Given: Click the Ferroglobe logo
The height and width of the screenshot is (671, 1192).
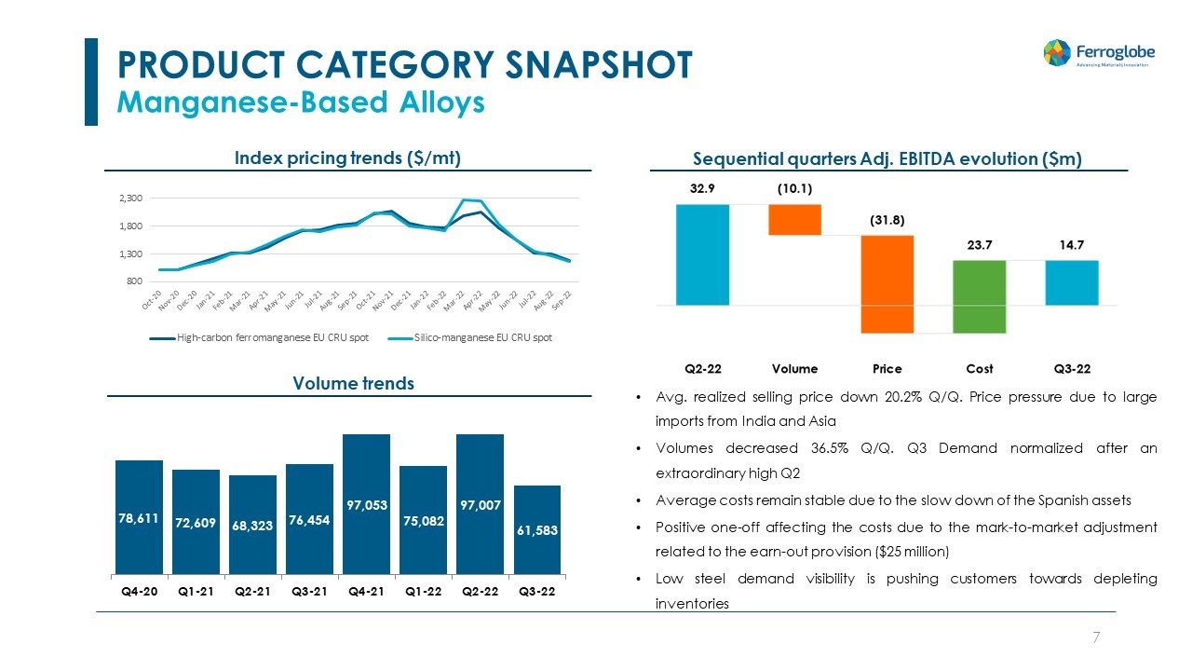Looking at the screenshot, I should click(x=1096, y=52).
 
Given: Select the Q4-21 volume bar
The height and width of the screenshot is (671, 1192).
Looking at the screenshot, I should click(x=366, y=504).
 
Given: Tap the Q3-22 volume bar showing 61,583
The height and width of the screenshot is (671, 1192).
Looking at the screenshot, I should click(x=536, y=529).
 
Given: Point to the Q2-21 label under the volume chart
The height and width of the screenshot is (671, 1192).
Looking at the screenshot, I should click(x=252, y=591).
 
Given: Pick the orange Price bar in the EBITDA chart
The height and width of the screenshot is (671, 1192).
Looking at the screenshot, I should click(x=887, y=283).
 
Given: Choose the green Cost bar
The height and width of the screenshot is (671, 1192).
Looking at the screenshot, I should click(x=979, y=295).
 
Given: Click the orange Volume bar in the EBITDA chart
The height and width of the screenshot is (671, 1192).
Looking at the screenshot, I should click(x=794, y=219).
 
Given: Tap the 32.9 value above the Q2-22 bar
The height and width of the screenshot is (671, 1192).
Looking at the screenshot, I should click(x=702, y=187).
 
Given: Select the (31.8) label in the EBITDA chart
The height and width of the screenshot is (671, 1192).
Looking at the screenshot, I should click(x=887, y=220).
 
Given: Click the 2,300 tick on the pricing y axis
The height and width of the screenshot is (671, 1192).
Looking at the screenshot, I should click(x=129, y=199).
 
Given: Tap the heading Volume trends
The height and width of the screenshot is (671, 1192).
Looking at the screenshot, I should click(x=353, y=383).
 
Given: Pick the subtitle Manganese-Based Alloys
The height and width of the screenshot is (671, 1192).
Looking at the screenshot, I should click(x=300, y=102).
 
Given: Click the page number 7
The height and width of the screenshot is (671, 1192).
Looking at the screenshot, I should click(x=1096, y=637).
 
